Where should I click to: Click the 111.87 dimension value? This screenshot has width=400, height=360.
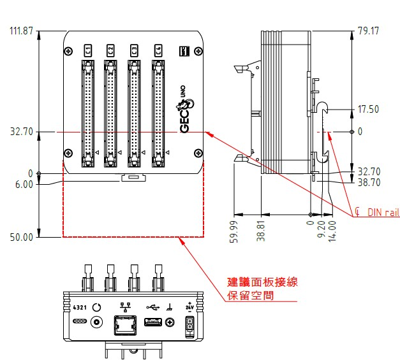tap(20, 31)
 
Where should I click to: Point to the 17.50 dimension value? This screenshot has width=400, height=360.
tap(368, 110)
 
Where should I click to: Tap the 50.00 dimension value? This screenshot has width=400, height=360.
tap(20, 237)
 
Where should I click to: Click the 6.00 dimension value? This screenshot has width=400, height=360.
tap(23, 185)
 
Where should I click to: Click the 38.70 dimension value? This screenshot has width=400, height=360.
tap(368, 182)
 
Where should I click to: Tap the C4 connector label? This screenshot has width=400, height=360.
tap(157, 50)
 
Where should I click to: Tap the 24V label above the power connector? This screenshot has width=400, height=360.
tap(189, 306)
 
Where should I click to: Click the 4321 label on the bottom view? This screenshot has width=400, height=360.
tap(80, 306)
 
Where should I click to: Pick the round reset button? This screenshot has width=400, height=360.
tap(97, 306)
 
